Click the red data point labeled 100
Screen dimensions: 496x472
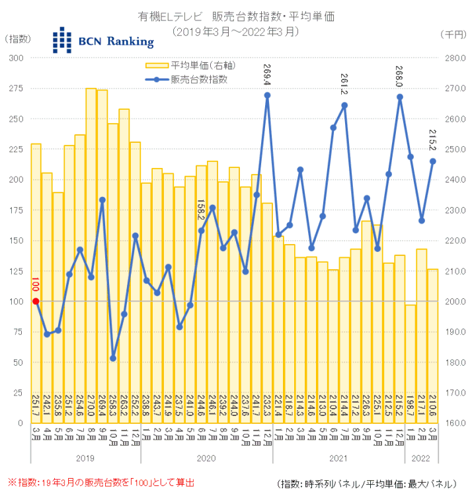[x=36, y=302]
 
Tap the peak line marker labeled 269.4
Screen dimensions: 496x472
[x=267, y=95]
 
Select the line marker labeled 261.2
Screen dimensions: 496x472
[x=344, y=105]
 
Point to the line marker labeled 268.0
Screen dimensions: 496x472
[x=400, y=97]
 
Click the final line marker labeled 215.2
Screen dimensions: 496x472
[x=433, y=161]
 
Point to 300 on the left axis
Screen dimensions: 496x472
[x=15, y=58]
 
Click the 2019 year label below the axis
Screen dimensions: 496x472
[x=86, y=457]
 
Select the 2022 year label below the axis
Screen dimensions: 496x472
[x=422, y=457]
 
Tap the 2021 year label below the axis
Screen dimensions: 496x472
[x=338, y=457]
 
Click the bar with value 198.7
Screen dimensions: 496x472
[x=411, y=364]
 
